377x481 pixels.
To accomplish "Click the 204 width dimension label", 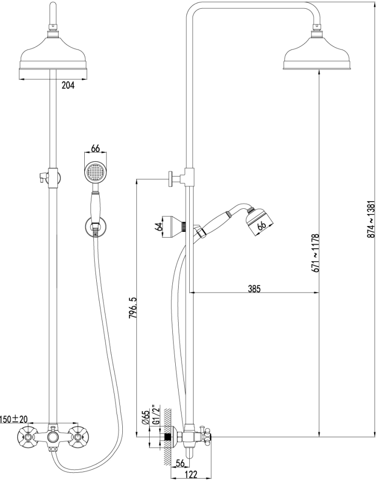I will pos(68,86).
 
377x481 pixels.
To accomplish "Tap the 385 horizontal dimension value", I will pos(254,289).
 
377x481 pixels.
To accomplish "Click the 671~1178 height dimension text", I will pos(316,260).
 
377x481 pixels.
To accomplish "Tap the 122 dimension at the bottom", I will pos(191,475).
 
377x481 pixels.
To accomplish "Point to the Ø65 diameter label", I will pos(144,417).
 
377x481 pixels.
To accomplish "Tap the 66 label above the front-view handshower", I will pos(95,149).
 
